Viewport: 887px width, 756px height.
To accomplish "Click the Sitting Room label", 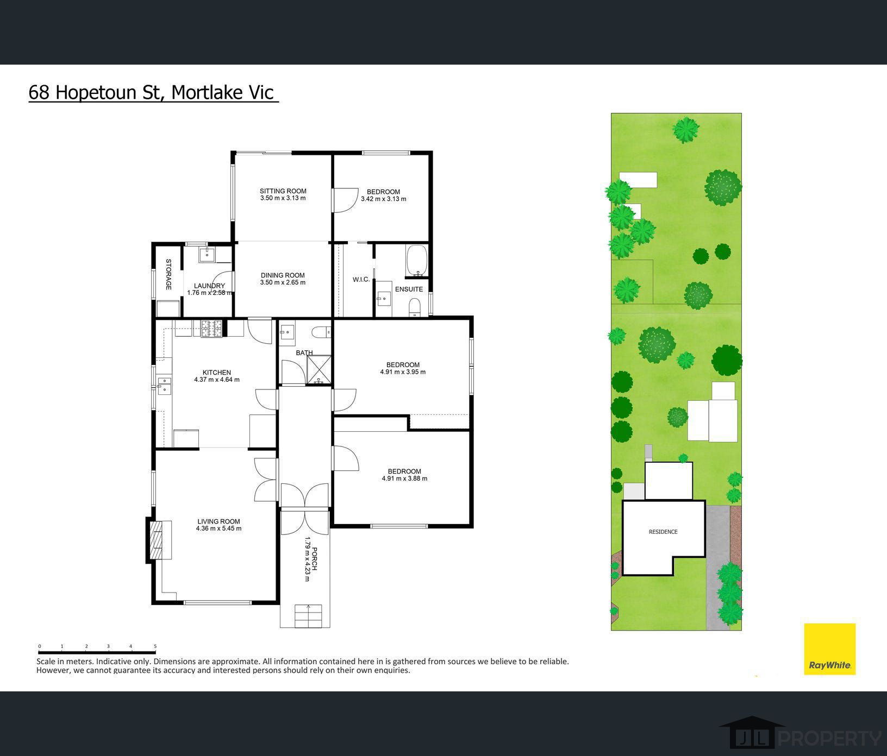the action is (x=283, y=191).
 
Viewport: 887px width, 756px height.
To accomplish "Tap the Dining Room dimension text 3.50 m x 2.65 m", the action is (x=283, y=282).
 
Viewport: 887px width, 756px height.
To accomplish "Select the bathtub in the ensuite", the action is (x=417, y=261).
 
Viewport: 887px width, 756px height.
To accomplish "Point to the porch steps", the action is (x=309, y=615).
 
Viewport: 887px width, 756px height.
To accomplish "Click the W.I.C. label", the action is (x=361, y=280).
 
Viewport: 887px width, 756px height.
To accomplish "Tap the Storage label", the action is (x=168, y=274).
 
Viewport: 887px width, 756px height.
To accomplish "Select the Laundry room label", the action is (x=209, y=286).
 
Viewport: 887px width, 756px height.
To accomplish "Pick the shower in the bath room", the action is (x=318, y=370).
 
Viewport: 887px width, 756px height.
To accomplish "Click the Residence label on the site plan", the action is (x=663, y=532).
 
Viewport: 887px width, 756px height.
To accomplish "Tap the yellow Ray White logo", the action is (x=830, y=649).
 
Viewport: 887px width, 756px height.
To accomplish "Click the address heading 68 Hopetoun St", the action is (x=93, y=92).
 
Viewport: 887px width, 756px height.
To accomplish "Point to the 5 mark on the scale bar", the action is (x=155, y=646).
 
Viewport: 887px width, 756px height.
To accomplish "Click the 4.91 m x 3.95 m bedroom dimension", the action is (x=403, y=372).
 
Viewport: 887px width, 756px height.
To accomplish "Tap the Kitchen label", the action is (x=217, y=373).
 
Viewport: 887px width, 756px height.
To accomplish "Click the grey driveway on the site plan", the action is (x=718, y=565).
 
